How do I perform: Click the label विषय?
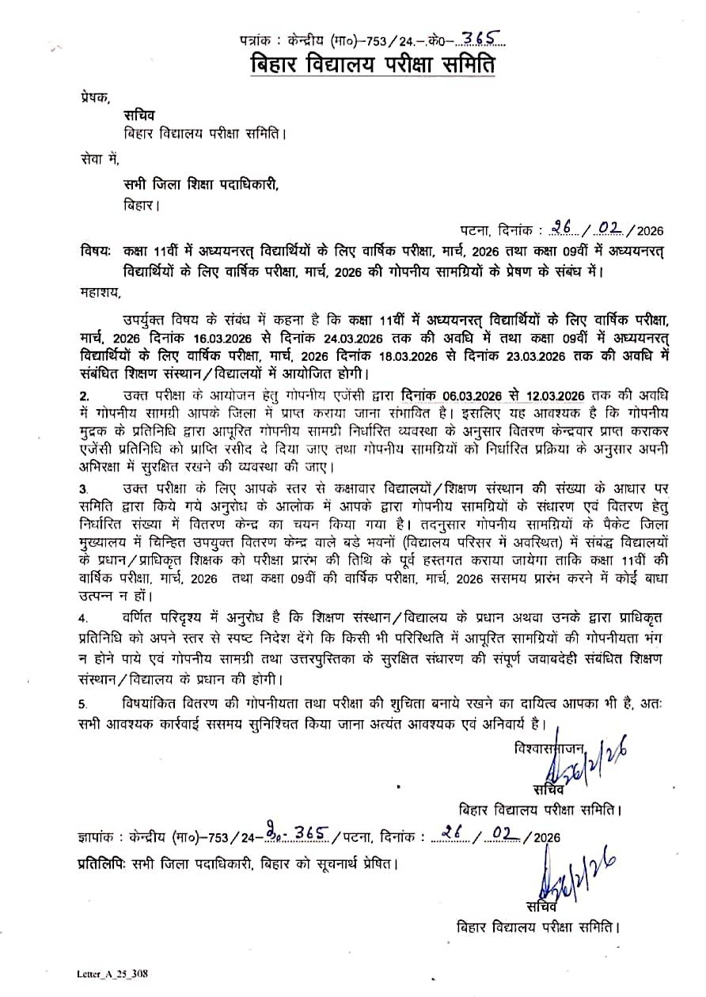click(x=95, y=250)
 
